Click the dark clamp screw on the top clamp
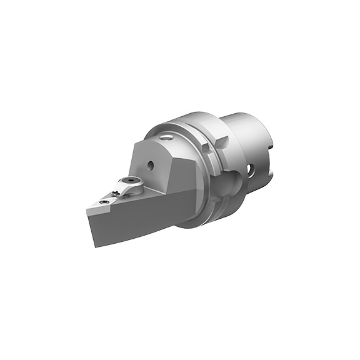(130, 180)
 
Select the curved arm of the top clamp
(121, 187)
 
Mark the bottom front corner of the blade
(95, 246)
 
